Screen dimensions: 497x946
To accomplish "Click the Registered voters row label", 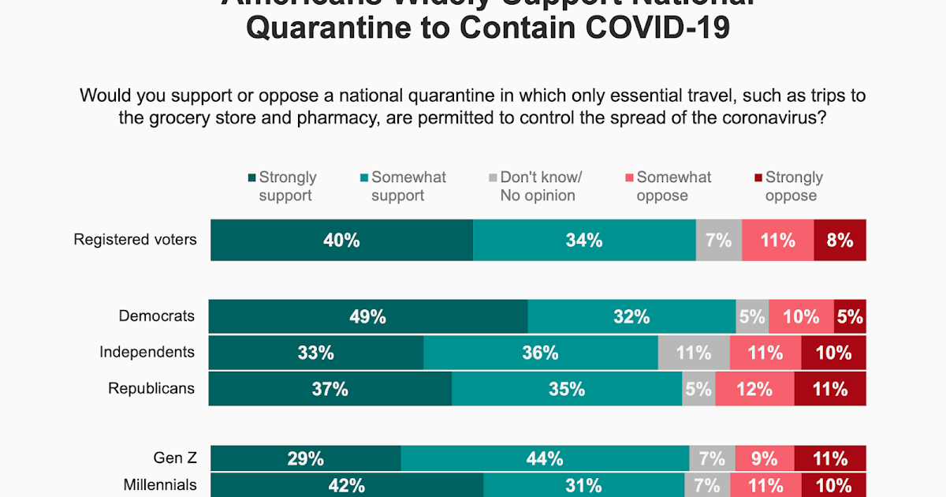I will [x=135, y=239].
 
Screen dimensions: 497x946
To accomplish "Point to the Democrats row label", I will [x=156, y=316].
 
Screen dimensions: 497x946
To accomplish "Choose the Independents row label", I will [x=147, y=352].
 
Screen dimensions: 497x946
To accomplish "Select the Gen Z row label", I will [x=175, y=458].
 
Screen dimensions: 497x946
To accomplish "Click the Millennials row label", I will [x=160, y=484].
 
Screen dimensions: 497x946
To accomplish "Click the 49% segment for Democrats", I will [x=368, y=316].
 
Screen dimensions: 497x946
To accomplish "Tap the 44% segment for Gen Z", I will [x=545, y=458].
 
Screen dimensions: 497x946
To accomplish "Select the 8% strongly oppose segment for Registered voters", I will [x=840, y=240].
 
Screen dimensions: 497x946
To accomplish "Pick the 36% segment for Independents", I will [x=540, y=353].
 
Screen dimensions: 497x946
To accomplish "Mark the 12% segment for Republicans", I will [x=754, y=389].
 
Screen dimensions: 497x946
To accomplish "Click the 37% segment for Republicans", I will [x=330, y=389].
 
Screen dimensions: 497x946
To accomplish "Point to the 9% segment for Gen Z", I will [x=764, y=458].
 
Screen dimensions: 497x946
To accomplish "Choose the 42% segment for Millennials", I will [x=346, y=485].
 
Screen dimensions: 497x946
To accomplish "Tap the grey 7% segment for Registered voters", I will [x=718, y=240].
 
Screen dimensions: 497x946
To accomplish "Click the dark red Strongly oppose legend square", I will [x=758, y=177].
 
